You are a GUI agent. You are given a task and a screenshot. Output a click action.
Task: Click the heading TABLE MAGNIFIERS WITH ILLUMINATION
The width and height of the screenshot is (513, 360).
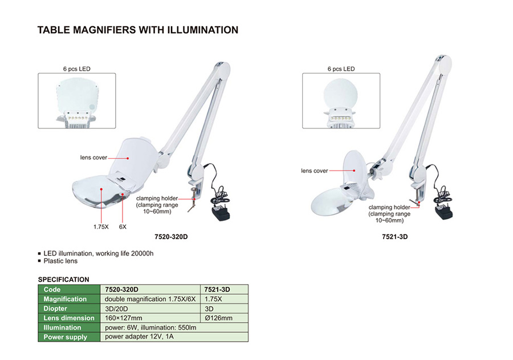(x=137, y=30)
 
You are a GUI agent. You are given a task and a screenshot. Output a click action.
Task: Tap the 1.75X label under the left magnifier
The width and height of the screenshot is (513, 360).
(x=101, y=226)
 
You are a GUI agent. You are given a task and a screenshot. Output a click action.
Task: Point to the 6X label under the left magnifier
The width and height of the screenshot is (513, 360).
(x=123, y=226)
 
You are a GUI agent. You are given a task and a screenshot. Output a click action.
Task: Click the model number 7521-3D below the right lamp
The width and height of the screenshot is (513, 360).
(x=396, y=237)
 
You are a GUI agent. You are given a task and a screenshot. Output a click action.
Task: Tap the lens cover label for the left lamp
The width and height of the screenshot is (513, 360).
(x=93, y=157)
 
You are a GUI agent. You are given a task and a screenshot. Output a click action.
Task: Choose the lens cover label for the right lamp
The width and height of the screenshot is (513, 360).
(x=314, y=171)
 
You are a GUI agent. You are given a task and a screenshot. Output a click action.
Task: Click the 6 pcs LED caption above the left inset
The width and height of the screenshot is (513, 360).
(x=76, y=69)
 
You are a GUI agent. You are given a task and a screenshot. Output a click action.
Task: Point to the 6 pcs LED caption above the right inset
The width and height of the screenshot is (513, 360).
(x=341, y=69)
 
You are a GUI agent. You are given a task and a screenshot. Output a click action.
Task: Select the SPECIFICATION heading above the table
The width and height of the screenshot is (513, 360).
(x=63, y=280)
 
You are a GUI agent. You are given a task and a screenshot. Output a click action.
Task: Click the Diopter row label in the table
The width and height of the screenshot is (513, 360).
(x=56, y=309)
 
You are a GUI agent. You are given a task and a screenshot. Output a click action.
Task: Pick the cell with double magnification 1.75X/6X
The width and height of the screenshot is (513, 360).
(x=150, y=299)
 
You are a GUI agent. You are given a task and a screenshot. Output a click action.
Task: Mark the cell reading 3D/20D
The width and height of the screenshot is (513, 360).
(x=119, y=309)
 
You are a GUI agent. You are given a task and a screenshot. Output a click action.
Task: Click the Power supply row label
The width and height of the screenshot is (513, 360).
(x=66, y=337)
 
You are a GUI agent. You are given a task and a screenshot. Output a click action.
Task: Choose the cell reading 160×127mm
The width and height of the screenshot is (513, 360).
(x=124, y=318)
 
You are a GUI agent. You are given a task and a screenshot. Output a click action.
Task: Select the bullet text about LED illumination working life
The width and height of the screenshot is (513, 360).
(x=99, y=253)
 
